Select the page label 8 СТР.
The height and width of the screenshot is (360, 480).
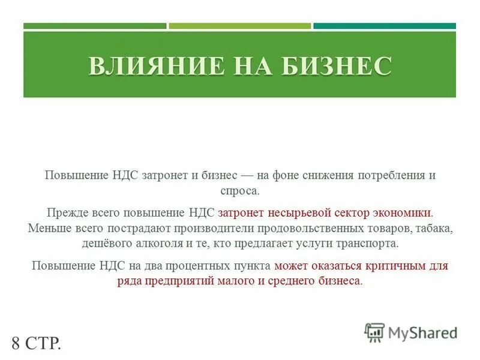pos(36,344)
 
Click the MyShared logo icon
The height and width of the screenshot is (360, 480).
pos(375,332)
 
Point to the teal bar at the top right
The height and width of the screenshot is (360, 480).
pos(384,26)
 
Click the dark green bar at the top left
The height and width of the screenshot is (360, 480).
pos(95,26)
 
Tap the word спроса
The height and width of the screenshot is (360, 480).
pos(240,191)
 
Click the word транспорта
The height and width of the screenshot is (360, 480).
pos(368,244)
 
